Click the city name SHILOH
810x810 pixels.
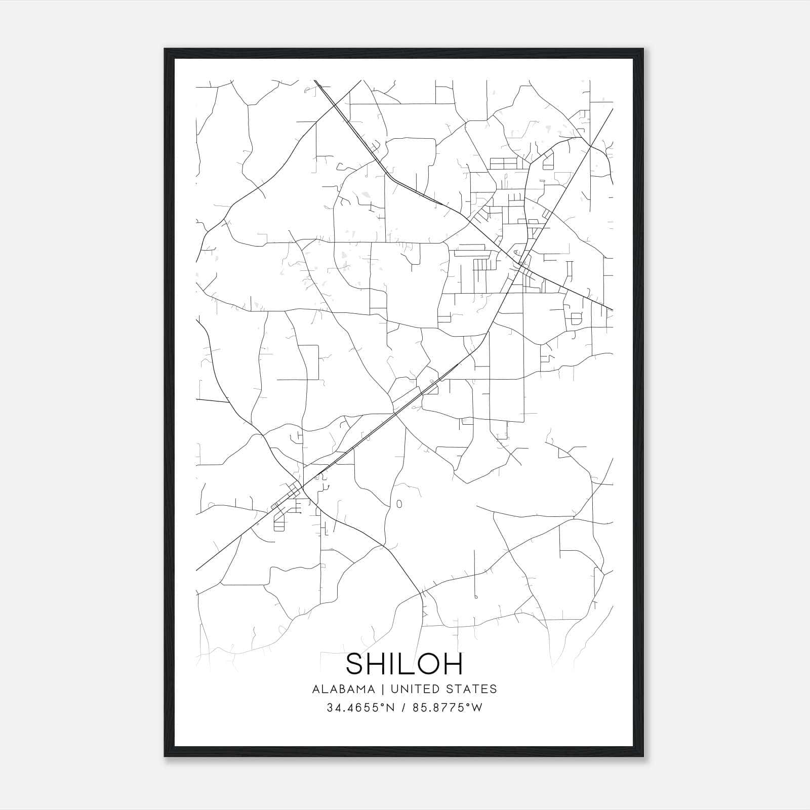404,664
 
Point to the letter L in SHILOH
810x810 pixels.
405,664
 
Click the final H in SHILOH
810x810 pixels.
452,664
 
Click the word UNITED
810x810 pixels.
423,689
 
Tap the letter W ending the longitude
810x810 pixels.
477,708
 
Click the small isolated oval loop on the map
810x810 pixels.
399,504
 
